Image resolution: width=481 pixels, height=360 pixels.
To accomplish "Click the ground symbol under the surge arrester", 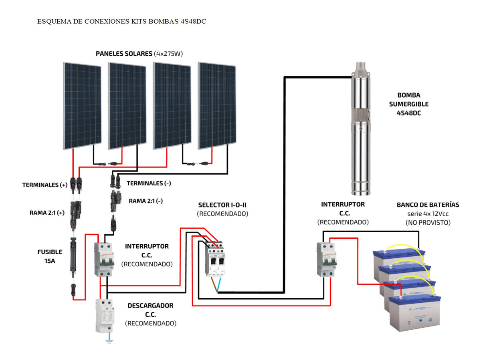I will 108,341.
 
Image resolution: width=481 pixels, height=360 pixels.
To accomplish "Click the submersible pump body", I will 362,128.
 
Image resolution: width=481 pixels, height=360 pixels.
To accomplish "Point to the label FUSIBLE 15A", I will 50,256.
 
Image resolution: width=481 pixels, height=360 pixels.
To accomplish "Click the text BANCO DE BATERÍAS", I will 428,205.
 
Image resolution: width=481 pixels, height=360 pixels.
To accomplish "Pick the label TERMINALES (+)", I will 45,185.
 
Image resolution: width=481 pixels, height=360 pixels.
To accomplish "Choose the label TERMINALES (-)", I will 149,183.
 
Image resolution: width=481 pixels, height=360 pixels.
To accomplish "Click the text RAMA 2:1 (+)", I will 46,213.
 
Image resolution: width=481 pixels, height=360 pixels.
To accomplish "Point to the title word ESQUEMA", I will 54,21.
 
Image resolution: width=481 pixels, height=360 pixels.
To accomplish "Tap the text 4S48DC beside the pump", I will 408,113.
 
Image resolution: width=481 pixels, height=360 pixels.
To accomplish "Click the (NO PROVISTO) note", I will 428,222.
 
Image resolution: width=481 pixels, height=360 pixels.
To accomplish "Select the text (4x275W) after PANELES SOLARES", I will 168,54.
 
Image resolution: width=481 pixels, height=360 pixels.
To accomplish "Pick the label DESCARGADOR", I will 150,306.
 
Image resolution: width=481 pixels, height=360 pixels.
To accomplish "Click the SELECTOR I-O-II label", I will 222,205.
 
